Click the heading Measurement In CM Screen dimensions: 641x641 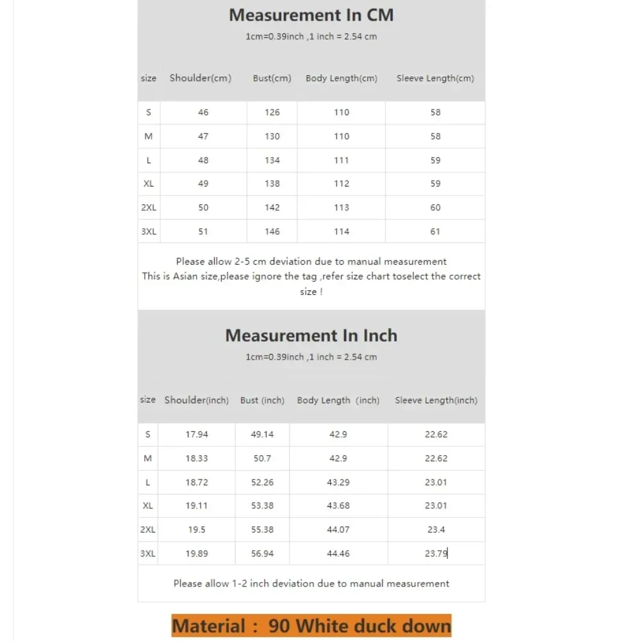click(x=311, y=15)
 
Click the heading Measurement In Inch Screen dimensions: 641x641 click(x=311, y=335)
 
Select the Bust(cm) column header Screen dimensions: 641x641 click(x=272, y=78)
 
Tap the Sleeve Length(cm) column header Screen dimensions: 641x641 click(x=435, y=78)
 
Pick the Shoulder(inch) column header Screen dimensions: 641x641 click(x=196, y=400)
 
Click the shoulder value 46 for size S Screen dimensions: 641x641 click(x=203, y=112)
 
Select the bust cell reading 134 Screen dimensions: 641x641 click(x=272, y=160)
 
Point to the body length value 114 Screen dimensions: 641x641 click(x=342, y=231)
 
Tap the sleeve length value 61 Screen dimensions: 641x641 click(x=435, y=231)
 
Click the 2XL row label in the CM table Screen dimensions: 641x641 click(x=149, y=208)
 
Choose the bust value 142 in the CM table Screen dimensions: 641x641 click(x=272, y=208)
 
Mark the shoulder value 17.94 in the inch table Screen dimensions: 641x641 click(x=197, y=434)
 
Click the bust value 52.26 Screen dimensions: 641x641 click(x=262, y=482)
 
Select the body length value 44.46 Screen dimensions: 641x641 click(x=338, y=553)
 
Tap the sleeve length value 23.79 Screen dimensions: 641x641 click(x=436, y=553)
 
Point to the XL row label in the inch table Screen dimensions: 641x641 click(x=148, y=506)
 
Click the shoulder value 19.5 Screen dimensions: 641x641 click(x=197, y=529)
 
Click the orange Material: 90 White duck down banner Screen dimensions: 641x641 click(x=312, y=626)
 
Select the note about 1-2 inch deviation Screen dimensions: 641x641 click(x=312, y=583)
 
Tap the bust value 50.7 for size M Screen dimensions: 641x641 click(x=262, y=458)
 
